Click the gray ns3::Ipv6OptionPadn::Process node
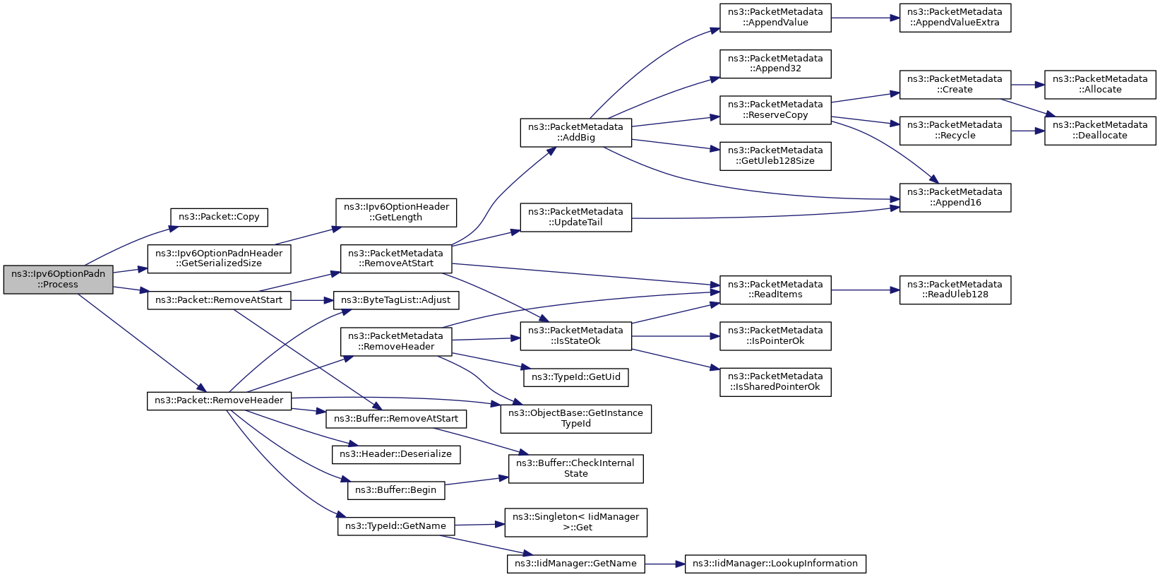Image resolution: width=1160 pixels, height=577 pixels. point(58,279)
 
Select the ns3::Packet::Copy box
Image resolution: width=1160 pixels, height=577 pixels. point(219,217)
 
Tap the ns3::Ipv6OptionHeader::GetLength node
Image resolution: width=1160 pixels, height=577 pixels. point(396,212)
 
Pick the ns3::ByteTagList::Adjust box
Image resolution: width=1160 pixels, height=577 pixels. point(396,300)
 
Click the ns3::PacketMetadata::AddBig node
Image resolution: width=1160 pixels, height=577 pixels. point(576,133)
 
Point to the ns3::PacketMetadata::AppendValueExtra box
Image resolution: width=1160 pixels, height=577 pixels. point(955,18)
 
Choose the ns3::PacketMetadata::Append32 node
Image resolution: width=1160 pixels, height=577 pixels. point(775,64)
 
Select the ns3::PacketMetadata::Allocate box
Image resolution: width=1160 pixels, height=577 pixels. point(1100,85)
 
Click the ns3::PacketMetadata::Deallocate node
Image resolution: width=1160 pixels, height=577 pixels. point(1100,131)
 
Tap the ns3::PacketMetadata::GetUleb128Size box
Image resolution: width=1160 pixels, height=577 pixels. point(775,156)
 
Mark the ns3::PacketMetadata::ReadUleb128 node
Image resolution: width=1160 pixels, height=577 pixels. point(955,290)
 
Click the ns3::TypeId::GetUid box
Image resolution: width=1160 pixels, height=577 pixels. point(576,377)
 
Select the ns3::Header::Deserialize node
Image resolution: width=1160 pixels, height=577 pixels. point(396,454)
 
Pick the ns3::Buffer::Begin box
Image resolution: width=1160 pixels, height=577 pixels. point(396,490)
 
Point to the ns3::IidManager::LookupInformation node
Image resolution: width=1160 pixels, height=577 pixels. point(775,564)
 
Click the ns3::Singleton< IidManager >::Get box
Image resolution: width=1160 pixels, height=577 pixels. point(576,522)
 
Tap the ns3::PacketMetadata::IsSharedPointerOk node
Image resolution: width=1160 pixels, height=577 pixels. point(775,382)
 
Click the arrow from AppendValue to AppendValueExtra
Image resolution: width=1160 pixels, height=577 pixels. point(866,18)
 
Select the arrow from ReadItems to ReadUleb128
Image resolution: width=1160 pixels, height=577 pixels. point(866,290)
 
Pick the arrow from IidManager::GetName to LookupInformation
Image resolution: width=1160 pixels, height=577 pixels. point(665,564)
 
